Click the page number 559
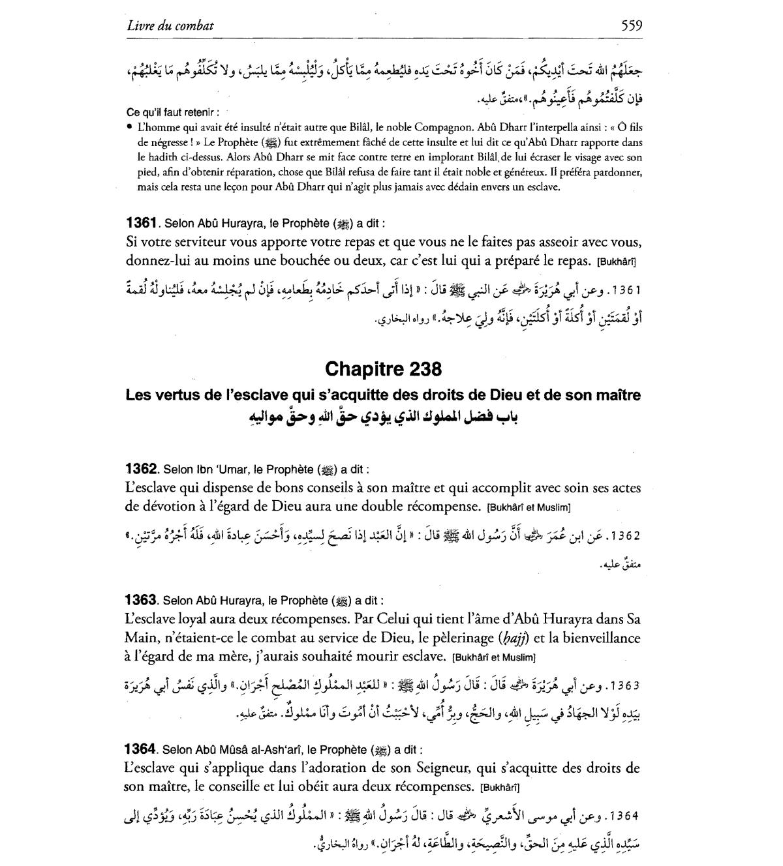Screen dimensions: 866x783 [632, 25]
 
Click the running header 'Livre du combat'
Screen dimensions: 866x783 [170, 26]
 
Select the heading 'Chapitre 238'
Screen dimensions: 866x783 [383, 369]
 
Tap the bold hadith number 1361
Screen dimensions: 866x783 [141, 223]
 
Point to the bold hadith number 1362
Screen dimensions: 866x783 [141, 469]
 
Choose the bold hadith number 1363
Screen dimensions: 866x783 [141, 600]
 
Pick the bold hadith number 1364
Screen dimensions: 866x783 [141, 749]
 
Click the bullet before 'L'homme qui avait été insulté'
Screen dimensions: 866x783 [130, 127]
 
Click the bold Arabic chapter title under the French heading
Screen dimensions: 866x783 [383, 416]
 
